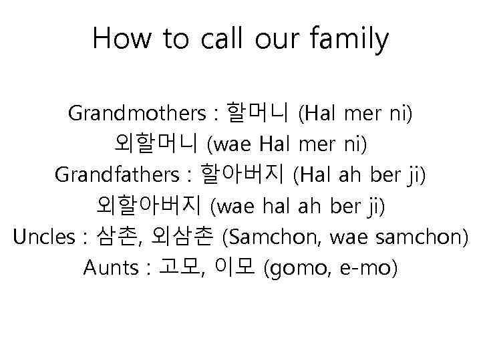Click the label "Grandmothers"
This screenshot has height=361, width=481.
137,114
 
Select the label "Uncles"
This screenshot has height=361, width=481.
40,237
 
